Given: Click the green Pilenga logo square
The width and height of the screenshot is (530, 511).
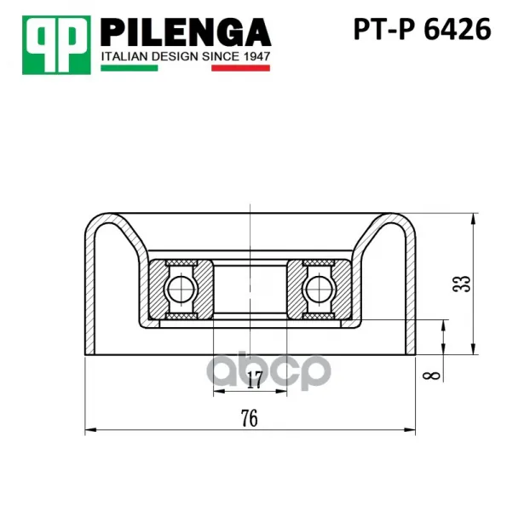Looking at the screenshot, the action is tap(56, 45).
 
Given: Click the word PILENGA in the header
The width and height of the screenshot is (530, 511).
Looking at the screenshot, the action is tap(186, 32).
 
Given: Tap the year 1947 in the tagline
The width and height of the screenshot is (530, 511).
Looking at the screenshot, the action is tap(256, 56).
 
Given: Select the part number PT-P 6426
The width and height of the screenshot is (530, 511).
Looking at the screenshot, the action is tap(422, 30).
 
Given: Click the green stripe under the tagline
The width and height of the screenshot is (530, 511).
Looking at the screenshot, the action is tap(130, 68).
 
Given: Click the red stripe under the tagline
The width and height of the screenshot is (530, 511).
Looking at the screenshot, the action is tap(240, 68).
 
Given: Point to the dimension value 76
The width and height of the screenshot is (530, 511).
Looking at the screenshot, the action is tap(250, 418).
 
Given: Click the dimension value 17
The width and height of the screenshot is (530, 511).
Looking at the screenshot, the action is tap(254, 380).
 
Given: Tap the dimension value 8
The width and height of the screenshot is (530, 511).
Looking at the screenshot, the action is tap(432, 376).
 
